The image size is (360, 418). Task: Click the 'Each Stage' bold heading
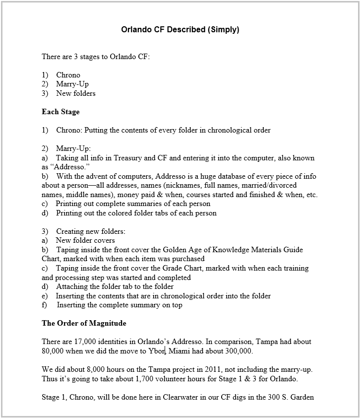(x=60, y=112)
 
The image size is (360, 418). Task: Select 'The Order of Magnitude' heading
(x=84, y=323)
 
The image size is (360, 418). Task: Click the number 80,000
(x=53, y=351)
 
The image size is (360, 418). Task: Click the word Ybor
(x=156, y=351)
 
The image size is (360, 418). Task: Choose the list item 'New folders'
(x=75, y=93)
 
